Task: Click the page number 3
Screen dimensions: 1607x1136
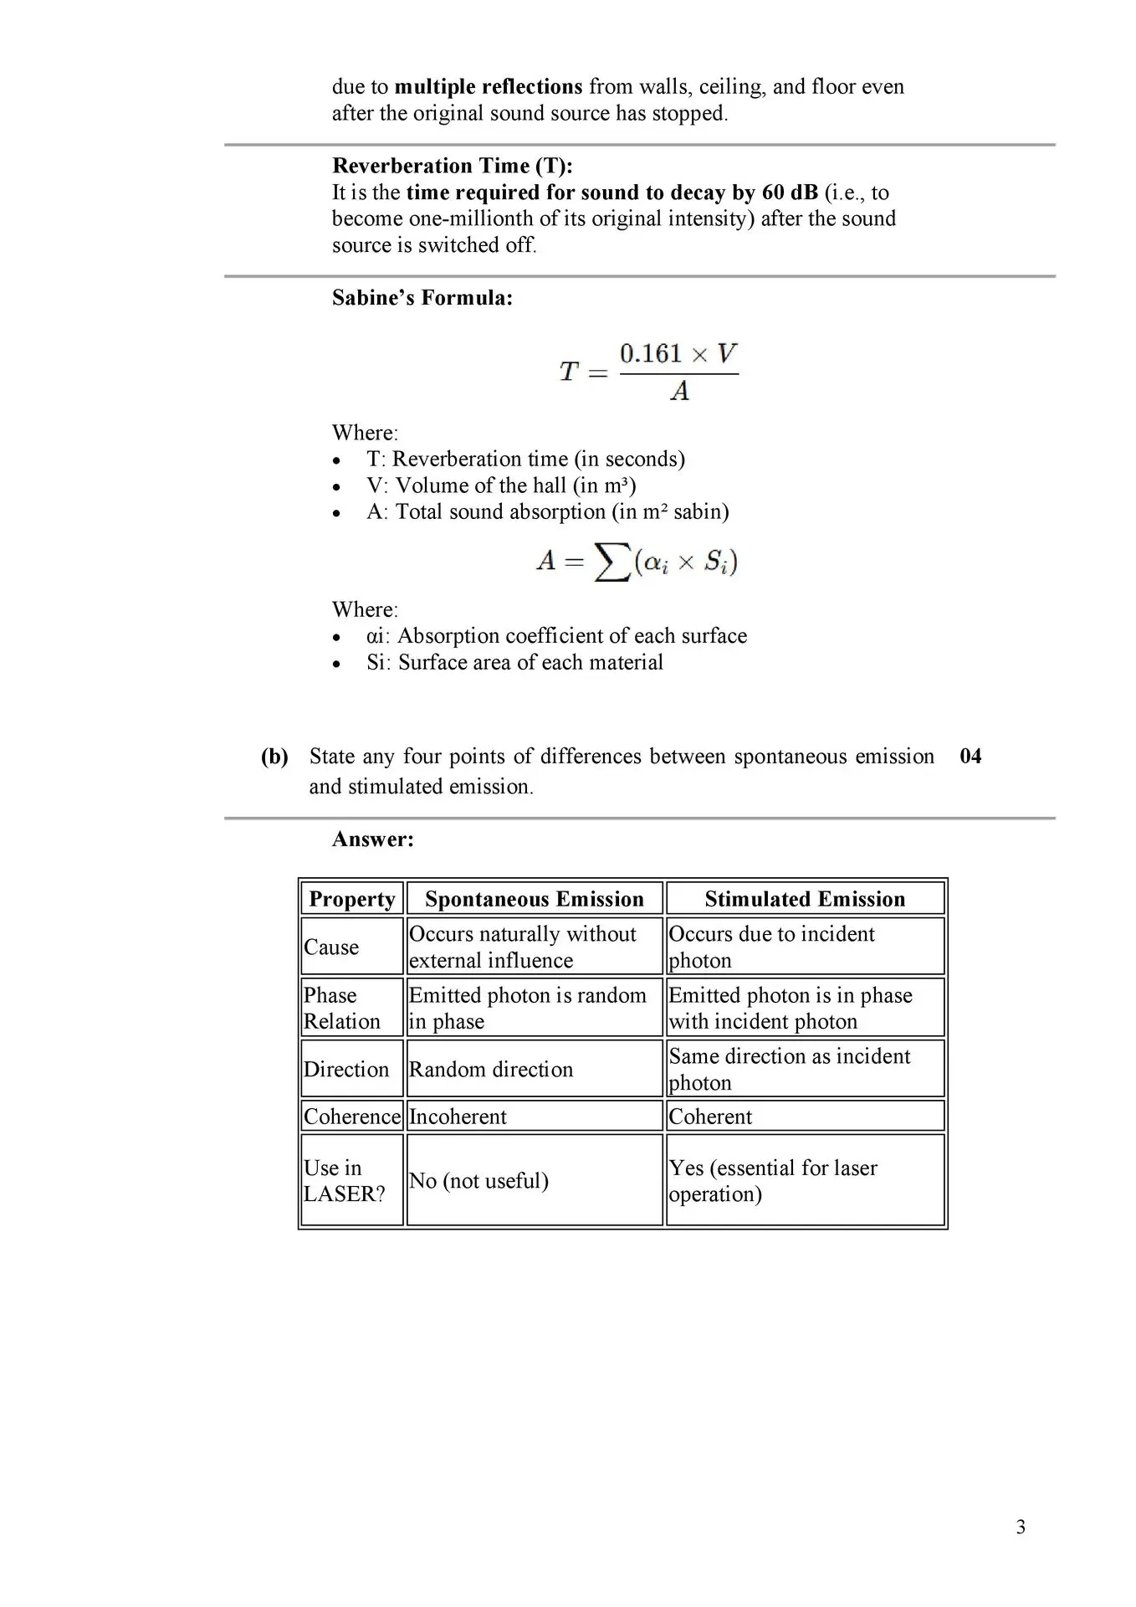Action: click(1021, 1527)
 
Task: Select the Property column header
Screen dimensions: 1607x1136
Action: click(352, 899)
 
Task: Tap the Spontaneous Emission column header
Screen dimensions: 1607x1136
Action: click(535, 899)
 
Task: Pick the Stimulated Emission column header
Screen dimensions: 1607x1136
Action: click(805, 899)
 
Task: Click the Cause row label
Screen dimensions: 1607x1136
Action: click(331, 947)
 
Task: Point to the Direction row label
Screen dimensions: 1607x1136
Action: click(346, 1069)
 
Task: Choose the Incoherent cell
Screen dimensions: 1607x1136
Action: click(458, 1117)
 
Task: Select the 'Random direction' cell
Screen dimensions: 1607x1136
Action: click(491, 1069)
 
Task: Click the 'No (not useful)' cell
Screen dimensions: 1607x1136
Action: click(478, 1180)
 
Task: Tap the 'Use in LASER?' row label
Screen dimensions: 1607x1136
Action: click(344, 1180)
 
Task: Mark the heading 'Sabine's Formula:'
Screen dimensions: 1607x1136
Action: click(422, 298)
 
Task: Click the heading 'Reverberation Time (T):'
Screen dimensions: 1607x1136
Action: click(453, 166)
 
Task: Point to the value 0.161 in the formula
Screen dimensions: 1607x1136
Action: click(651, 354)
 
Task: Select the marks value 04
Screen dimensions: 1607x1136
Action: click(970, 757)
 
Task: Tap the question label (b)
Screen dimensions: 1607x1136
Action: click(274, 757)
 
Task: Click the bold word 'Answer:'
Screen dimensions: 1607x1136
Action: click(373, 839)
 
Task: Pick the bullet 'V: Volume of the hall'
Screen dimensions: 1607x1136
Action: click(500, 485)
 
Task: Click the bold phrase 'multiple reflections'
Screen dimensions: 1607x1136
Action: click(489, 87)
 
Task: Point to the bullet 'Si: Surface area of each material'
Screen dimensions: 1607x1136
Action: click(514, 662)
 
